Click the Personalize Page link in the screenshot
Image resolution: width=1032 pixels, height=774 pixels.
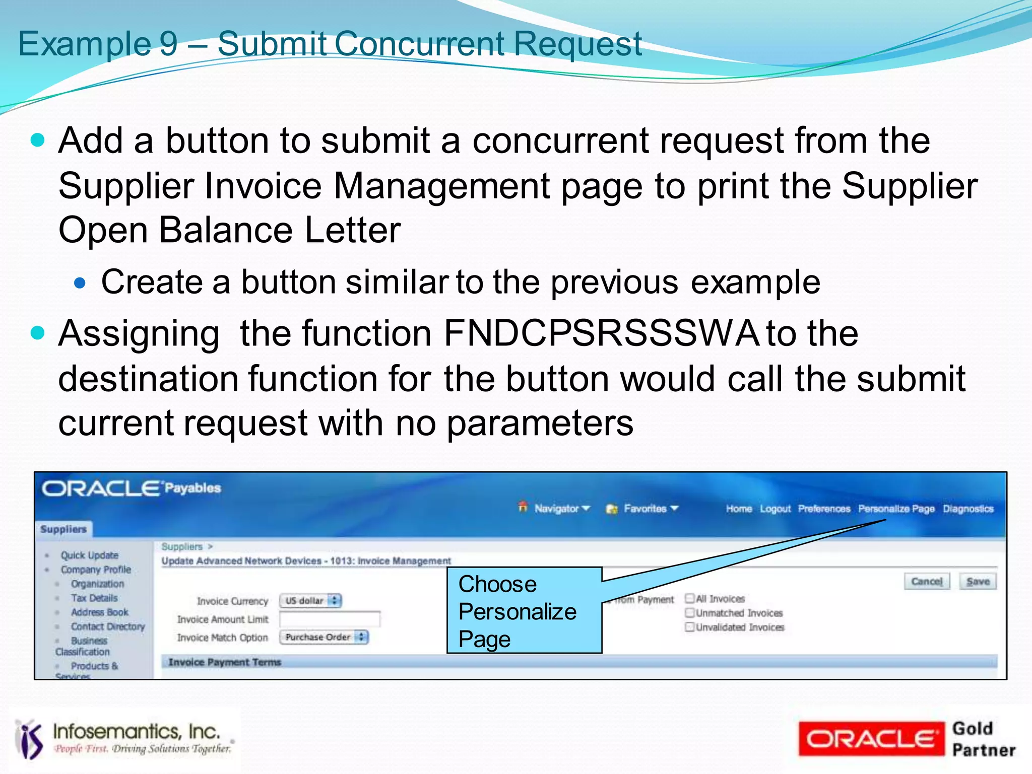point(896,509)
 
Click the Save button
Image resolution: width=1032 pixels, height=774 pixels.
point(978,582)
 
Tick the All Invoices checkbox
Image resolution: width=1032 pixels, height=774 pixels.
point(689,598)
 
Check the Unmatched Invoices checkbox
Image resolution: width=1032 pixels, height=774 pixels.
point(689,613)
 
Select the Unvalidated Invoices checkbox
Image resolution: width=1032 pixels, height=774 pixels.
point(689,627)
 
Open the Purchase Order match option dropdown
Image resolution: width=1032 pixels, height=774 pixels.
point(324,637)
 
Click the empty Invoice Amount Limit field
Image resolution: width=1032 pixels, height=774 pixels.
point(330,619)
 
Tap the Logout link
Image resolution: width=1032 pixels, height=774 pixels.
point(775,509)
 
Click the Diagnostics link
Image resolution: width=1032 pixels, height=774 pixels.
point(968,509)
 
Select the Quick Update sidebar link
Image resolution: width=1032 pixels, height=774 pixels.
point(89,555)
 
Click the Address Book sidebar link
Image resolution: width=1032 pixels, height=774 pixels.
point(99,612)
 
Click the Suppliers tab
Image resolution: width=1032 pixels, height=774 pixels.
point(63,529)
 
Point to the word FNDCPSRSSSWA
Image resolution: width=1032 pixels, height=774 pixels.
point(601,333)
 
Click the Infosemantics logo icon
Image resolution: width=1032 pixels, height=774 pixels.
point(30,739)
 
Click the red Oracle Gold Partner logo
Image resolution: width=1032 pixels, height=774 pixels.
point(871,739)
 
